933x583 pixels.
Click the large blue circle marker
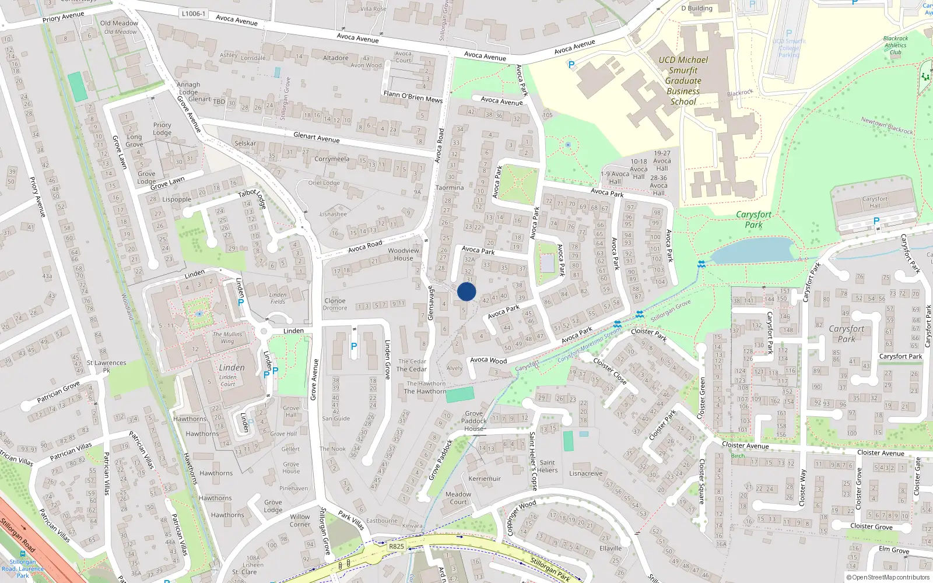[466, 292]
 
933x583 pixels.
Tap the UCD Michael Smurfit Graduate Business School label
[683, 80]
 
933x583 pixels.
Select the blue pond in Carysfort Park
[752, 250]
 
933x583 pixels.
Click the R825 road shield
[396, 546]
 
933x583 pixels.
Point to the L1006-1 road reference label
[194, 13]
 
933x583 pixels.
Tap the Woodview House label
[403, 254]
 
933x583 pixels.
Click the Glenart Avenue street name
[316, 138]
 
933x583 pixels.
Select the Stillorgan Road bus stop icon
[23, 554]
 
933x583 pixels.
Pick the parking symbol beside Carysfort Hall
[876, 221]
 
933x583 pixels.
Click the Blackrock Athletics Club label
[895, 45]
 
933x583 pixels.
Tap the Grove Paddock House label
[473, 421]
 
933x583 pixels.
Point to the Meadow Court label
[458, 498]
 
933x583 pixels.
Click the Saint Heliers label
[547, 466]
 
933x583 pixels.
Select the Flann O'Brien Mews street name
[413, 97]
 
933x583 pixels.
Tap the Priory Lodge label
[162, 129]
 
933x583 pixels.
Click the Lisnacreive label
[585, 473]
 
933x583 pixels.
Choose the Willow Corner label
[300, 521]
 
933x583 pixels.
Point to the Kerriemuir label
[485, 479]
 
